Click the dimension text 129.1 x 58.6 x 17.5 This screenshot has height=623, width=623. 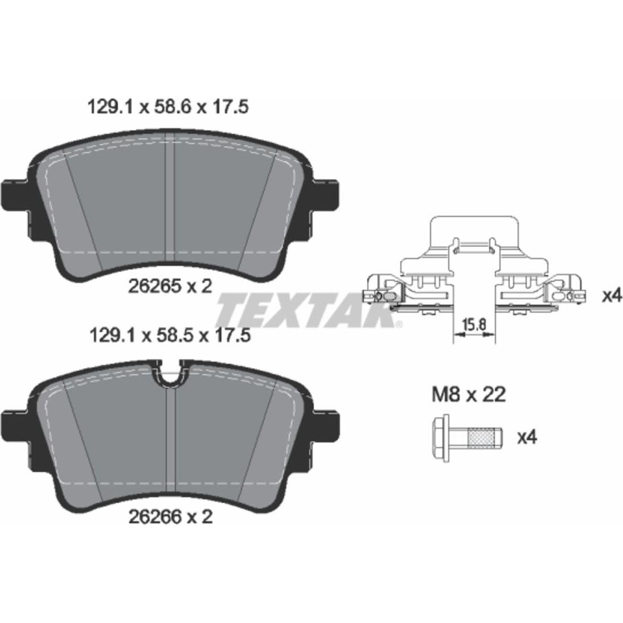click(167, 107)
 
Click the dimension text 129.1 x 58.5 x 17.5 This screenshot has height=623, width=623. click(170, 336)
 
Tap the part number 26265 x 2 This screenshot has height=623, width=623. click(170, 286)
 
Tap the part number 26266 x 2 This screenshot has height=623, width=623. click(171, 517)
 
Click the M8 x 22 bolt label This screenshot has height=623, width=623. click(469, 395)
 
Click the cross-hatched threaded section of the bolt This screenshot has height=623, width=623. click(481, 438)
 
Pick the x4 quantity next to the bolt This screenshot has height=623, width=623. click(527, 437)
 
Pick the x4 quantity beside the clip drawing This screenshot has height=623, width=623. click(612, 296)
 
